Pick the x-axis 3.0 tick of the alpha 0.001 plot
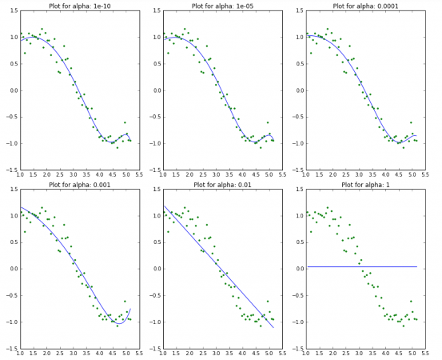click(74, 354)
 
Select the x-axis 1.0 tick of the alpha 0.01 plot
click(163, 354)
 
